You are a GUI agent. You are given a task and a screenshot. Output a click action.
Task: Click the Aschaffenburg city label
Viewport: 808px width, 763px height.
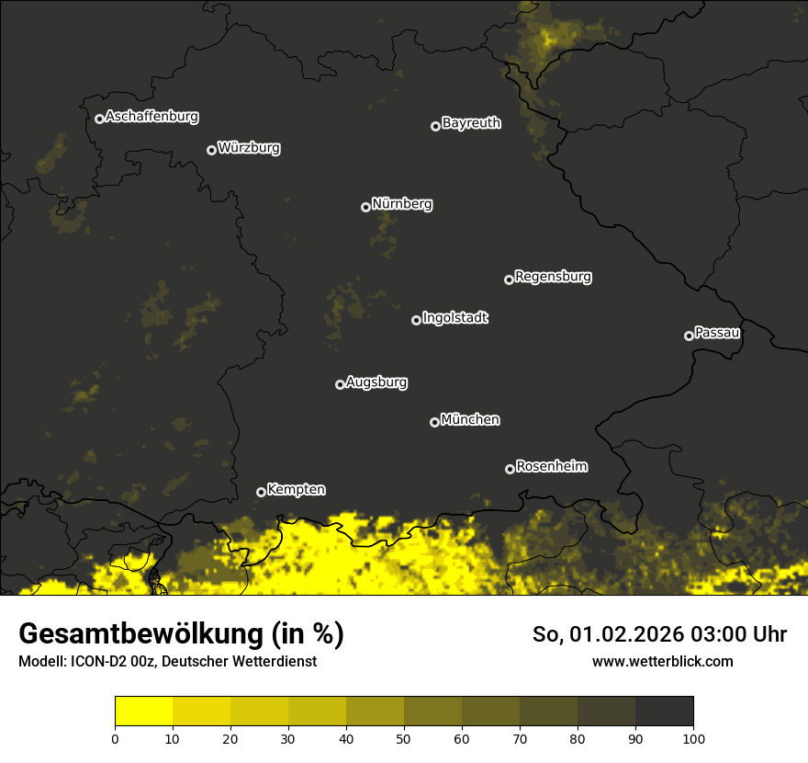pos(151,117)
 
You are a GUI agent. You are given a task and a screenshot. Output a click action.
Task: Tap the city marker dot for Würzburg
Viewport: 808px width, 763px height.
pos(211,150)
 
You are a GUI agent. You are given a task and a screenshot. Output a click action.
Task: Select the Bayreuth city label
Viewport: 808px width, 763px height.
pos(471,123)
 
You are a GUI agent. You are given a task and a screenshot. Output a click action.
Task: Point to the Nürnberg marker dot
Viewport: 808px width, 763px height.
pos(365,207)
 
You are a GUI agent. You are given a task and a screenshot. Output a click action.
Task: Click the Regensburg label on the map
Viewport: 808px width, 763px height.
pos(553,277)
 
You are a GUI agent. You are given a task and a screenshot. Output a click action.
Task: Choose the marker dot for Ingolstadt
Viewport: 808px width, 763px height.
pos(416,320)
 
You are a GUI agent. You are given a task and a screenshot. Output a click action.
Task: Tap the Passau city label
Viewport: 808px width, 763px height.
pos(717,333)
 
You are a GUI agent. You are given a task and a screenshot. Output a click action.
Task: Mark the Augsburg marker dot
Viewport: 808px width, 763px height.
pos(340,384)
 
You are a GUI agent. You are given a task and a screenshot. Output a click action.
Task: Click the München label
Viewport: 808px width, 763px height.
pos(470,420)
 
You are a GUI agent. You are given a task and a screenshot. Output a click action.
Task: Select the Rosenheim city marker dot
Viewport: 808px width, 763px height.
pos(510,469)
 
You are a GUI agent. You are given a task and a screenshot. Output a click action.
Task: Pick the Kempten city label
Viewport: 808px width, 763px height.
pos(296,490)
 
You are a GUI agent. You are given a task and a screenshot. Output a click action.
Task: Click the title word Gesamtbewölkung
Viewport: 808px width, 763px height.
pos(142,633)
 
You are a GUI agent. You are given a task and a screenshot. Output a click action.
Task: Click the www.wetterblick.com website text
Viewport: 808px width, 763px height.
pos(662,661)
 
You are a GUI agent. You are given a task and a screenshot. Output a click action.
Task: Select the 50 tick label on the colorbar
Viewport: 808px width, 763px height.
pos(404,737)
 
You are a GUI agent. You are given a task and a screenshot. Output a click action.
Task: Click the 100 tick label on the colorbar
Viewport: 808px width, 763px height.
pos(693,737)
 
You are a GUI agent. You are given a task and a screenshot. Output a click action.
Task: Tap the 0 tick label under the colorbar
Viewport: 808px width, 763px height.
pos(115,737)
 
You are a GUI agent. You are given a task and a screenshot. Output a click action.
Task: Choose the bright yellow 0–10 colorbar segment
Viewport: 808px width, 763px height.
pos(144,712)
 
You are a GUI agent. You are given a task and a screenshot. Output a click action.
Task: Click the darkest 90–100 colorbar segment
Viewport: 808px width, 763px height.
pos(664,712)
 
